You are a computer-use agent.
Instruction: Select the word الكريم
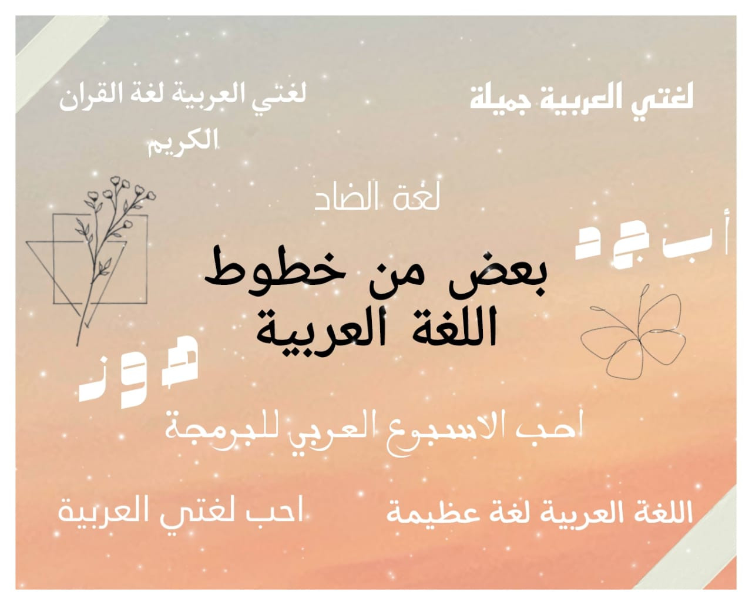click(183, 143)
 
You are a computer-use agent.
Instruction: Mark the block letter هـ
click(180, 361)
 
